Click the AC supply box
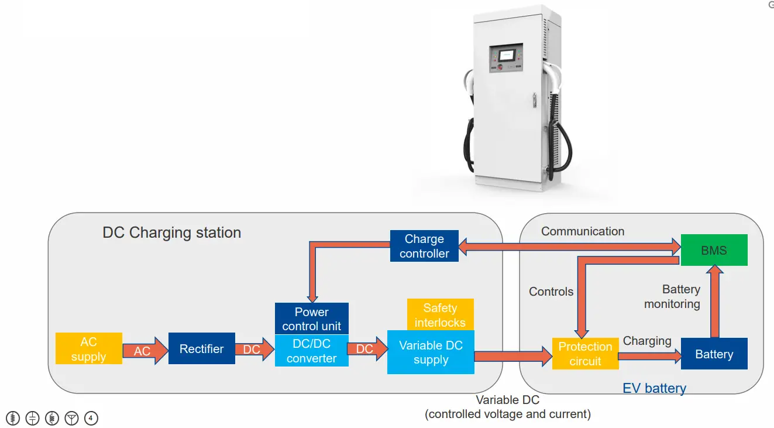[x=89, y=349]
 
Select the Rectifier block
[x=202, y=349]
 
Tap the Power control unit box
[x=311, y=319]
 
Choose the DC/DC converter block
[x=311, y=351]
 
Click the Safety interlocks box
[x=440, y=315]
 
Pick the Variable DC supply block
[x=431, y=352]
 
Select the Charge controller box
[x=424, y=246]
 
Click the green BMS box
[x=714, y=251]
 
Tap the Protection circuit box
[x=585, y=354]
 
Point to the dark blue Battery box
[x=714, y=354]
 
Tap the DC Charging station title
[x=171, y=232]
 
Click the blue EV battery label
[x=654, y=388]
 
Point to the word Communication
[x=583, y=231]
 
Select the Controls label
[x=551, y=292]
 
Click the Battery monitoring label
[x=673, y=297]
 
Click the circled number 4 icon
[x=91, y=418]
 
